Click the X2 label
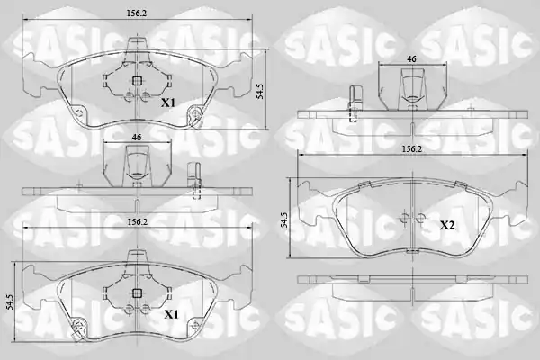447,226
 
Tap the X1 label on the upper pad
169,103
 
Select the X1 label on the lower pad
171,314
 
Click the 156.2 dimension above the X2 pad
412,148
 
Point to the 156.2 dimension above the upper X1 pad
137,13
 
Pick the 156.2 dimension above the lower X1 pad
138,222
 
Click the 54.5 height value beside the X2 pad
284,220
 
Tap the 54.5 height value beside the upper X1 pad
261,91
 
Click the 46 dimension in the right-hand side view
412,58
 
